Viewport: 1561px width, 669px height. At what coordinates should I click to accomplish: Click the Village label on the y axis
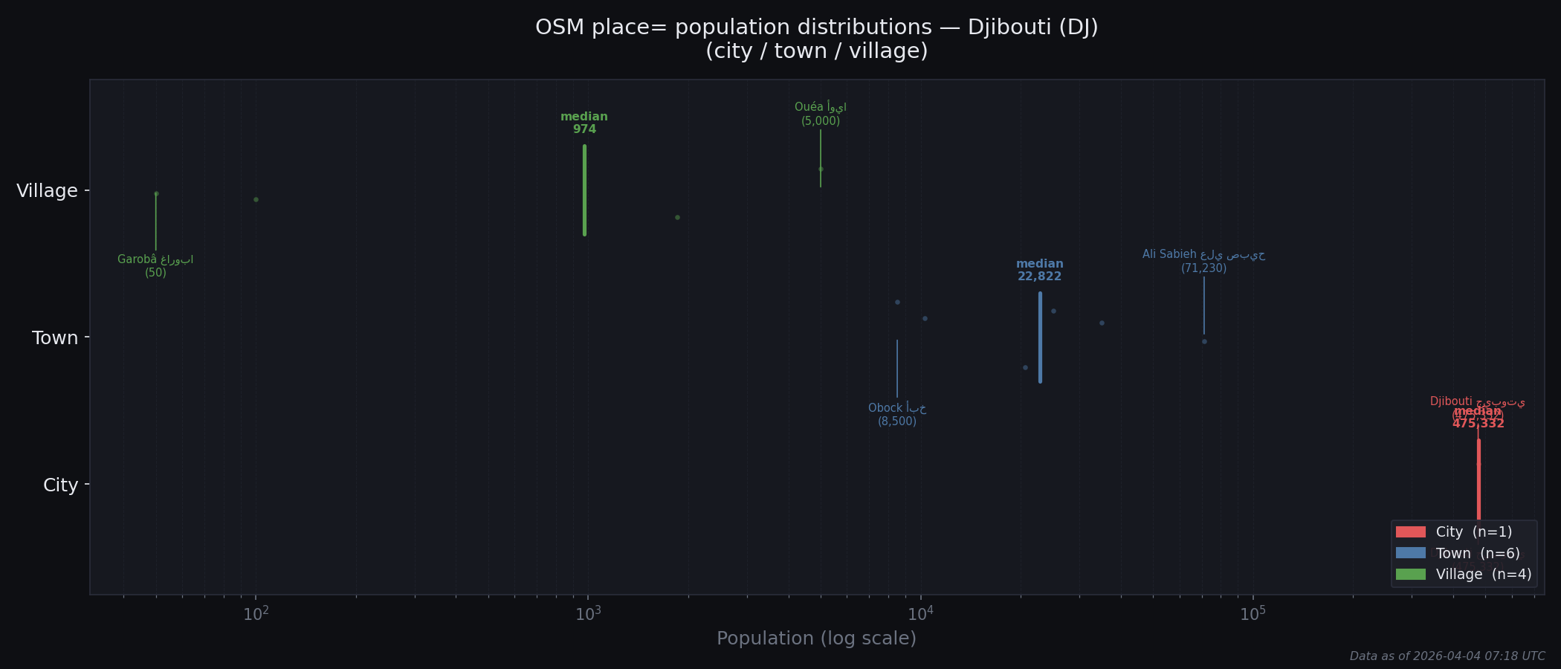click(x=47, y=191)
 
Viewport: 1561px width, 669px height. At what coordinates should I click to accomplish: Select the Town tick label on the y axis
click(x=55, y=338)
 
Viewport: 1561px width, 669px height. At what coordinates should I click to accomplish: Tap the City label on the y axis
click(x=60, y=485)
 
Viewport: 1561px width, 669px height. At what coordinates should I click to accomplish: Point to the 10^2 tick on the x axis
click(x=256, y=614)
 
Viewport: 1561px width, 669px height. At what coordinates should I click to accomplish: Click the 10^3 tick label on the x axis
click(x=588, y=614)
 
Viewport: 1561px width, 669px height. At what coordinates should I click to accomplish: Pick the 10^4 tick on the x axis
click(x=920, y=614)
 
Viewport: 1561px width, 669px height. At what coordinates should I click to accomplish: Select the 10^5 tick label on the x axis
click(x=1253, y=614)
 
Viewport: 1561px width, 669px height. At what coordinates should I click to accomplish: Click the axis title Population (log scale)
click(x=816, y=639)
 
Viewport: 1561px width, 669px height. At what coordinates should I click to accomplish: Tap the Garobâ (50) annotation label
click(x=155, y=266)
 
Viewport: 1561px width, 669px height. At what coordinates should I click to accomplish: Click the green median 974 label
click(x=584, y=123)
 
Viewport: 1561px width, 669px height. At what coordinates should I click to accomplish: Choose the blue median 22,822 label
click(x=1039, y=271)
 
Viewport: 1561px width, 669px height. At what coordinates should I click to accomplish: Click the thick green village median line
click(x=585, y=190)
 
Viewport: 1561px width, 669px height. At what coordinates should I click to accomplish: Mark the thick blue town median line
click(x=1040, y=337)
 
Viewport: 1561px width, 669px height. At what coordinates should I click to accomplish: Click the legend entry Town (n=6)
click(x=1477, y=553)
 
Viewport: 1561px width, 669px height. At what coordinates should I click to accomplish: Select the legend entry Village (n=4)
click(x=1483, y=575)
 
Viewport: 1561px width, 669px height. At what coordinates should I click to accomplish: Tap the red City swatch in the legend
click(x=1410, y=532)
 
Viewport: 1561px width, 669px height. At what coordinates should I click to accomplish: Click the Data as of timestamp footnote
click(x=1447, y=656)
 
